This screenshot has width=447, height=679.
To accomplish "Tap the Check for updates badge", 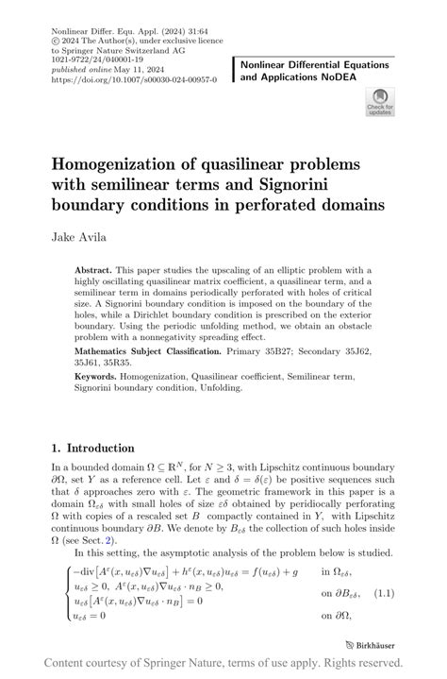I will [379, 102].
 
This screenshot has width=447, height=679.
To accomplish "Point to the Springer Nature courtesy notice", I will [223, 665].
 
